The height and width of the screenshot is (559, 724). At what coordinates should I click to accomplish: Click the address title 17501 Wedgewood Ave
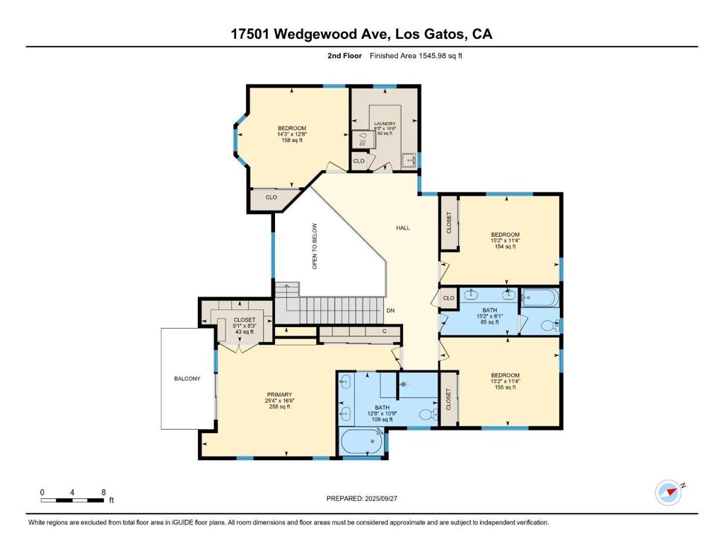click(361, 34)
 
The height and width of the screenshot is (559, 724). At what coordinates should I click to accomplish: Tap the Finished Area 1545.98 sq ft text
click(416, 56)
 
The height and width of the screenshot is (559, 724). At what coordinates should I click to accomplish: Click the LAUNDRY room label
click(385, 124)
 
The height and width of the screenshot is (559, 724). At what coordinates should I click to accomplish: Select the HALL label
click(402, 228)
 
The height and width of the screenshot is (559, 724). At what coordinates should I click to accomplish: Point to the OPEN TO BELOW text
click(315, 246)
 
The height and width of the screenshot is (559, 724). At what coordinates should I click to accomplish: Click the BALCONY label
click(187, 379)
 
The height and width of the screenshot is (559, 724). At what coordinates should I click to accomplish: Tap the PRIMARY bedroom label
click(279, 394)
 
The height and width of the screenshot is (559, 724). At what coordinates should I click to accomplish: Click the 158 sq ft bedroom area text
click(291, 140)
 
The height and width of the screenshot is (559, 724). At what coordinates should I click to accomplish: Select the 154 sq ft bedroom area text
click(506, 247)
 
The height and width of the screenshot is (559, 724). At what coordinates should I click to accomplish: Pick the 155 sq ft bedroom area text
click(506, 388)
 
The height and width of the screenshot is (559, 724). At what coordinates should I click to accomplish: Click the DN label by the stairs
click(390, 310)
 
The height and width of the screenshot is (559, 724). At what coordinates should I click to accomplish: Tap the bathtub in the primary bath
click(362, 442)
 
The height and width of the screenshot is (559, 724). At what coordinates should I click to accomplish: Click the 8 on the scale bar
click(104, 492)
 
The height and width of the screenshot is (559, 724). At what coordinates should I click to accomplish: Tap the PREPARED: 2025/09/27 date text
click(362, 498)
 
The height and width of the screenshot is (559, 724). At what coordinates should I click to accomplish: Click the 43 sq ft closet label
click(244, 332)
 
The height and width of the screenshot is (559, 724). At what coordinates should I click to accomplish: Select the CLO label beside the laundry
click(358, 161)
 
